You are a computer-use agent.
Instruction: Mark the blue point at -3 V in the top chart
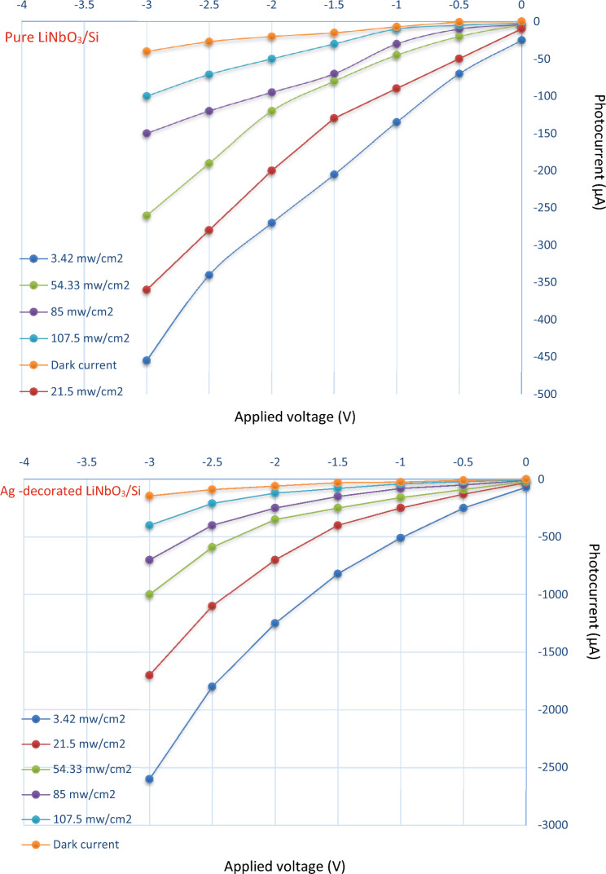coord(147,360)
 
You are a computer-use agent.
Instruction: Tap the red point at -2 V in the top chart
coord(271,170)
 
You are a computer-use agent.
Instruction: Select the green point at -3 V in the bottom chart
coord(149,594)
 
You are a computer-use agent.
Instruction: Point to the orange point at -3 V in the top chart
coord(147,51)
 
